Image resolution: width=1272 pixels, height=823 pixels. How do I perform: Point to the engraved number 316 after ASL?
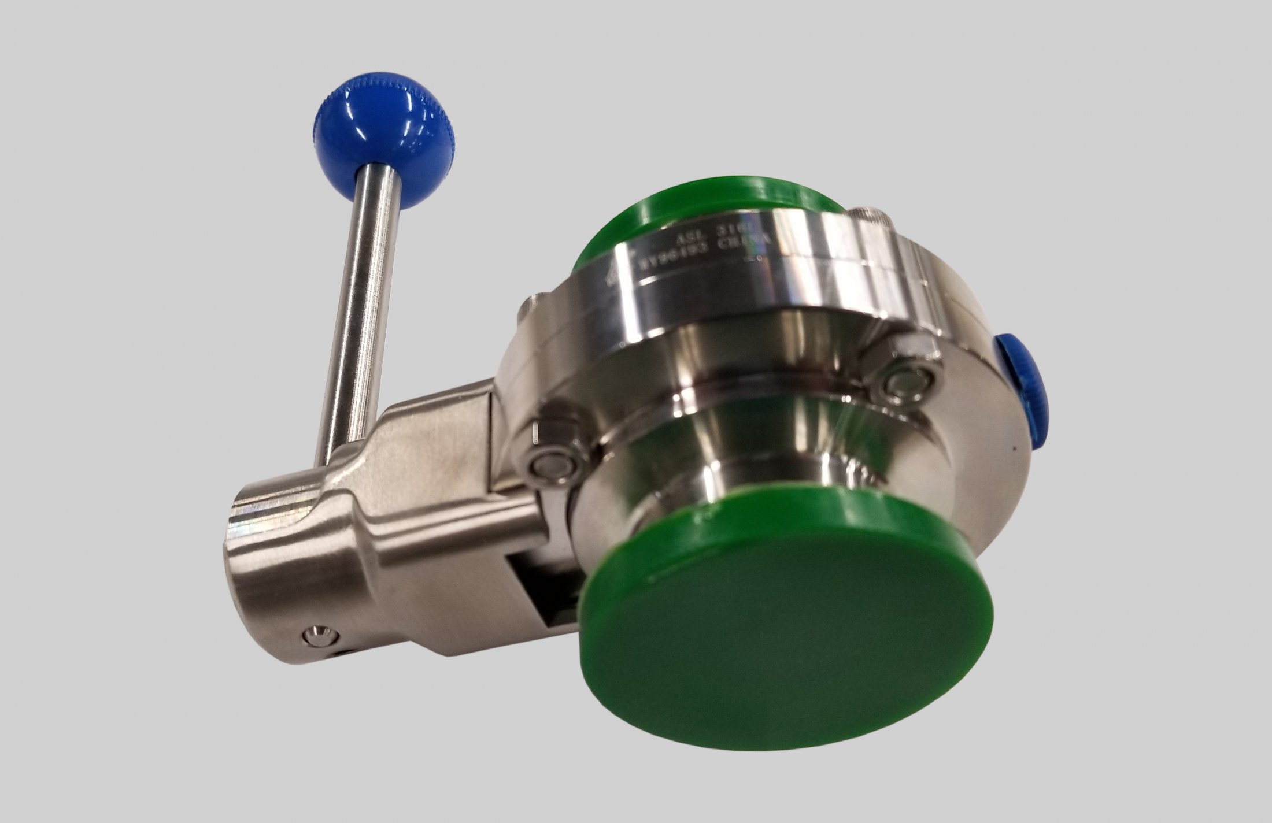pos(730,236)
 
